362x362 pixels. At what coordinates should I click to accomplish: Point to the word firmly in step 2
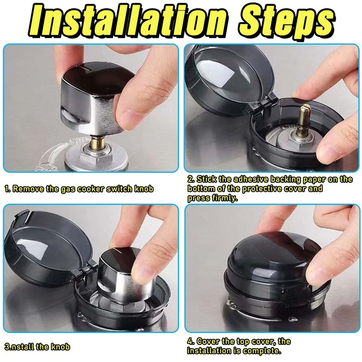click(x=225, y=198)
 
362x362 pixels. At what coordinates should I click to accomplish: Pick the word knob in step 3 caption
click(x=60, y=347)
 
